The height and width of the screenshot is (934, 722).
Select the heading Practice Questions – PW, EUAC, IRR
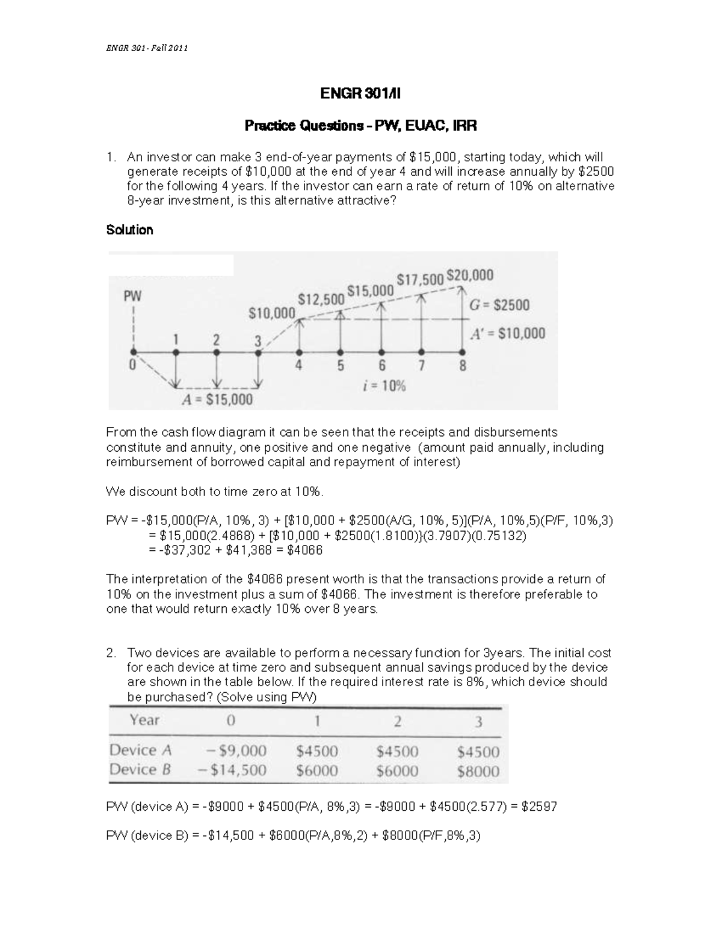click(x=360, y=126)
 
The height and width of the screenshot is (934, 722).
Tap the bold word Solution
click(x=129, y=230)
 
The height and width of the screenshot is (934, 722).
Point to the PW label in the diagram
click(x=132, y=296)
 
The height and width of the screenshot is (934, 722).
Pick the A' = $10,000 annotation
click(x=507, y=333)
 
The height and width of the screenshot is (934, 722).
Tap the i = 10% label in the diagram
click(x=384, y=386)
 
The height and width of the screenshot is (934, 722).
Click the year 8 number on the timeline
click(x=463, y=366)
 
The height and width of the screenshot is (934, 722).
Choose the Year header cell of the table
click(x=144, y=720)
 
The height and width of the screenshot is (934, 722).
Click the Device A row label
click(x=141, y=750)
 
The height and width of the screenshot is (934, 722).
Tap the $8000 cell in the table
click(x=478, y=771)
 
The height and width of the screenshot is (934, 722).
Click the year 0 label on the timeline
click(x=132, y=364)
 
